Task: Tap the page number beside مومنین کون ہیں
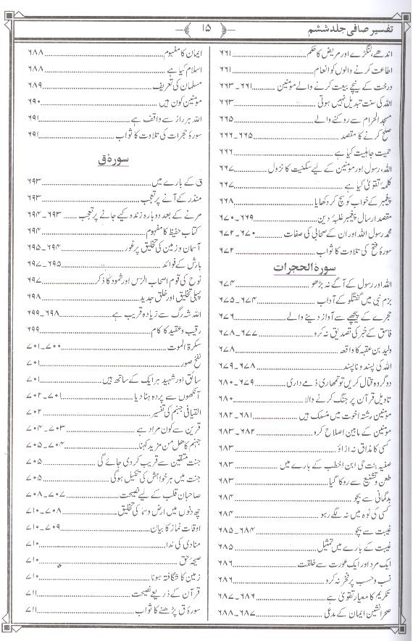[36, 100]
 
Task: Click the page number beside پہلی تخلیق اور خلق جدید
[36, 297]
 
